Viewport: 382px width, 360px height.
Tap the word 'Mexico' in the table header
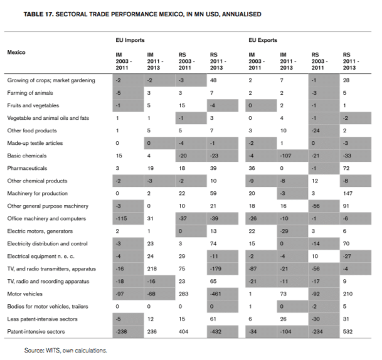point(17,52)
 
